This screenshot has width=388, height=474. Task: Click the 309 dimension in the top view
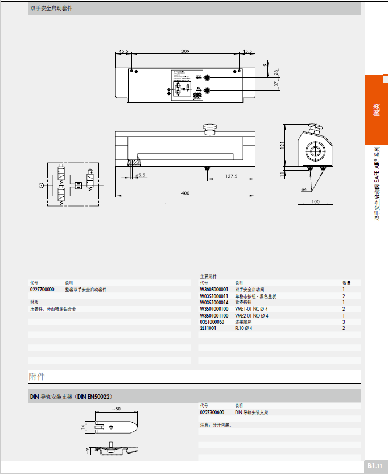(185, 51)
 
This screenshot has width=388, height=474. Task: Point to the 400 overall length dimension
(185, 193)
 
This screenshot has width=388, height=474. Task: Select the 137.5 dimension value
(230, 176)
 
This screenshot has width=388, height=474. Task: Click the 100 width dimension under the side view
(316, 201)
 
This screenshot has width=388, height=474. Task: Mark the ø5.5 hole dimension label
(140, 175)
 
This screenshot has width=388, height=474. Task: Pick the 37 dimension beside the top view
(276, 84)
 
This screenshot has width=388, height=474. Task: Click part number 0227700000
(42, 290)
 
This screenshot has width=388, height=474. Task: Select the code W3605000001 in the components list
(214, 290)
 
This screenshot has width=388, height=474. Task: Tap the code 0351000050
(212, 322)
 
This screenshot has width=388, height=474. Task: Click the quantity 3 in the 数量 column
(344, 322)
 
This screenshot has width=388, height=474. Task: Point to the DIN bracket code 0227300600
(212, 413)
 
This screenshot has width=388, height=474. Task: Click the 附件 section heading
(37, 377)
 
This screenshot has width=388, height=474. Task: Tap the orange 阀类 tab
(376, 109)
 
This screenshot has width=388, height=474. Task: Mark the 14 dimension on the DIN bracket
(82, 427)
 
